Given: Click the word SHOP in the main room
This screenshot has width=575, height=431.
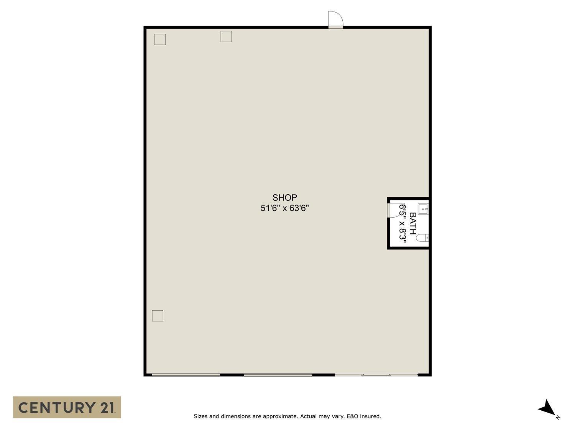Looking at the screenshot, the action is coord(284,197).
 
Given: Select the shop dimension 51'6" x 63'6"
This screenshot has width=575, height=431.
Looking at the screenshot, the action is coord(284,208).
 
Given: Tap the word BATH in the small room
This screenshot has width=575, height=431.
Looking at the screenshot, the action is coord(412,223).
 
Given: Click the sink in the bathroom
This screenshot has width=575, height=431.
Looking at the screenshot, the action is coord(423,209).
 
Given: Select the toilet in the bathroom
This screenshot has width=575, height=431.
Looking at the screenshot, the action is coord(422,238).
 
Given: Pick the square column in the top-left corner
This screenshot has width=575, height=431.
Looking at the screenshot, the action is coord(160,39).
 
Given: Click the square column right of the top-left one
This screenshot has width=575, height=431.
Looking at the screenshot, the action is coord(226,36).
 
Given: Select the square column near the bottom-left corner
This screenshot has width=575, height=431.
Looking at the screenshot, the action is coord(158,316).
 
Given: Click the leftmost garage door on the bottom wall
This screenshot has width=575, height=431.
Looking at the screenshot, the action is coord(186,375).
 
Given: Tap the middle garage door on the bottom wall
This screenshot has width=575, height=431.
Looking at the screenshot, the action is coord(278,375).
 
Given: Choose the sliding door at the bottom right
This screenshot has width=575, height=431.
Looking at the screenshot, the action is coord(376,375).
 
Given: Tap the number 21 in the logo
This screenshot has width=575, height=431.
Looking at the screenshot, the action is coord(107,408).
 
